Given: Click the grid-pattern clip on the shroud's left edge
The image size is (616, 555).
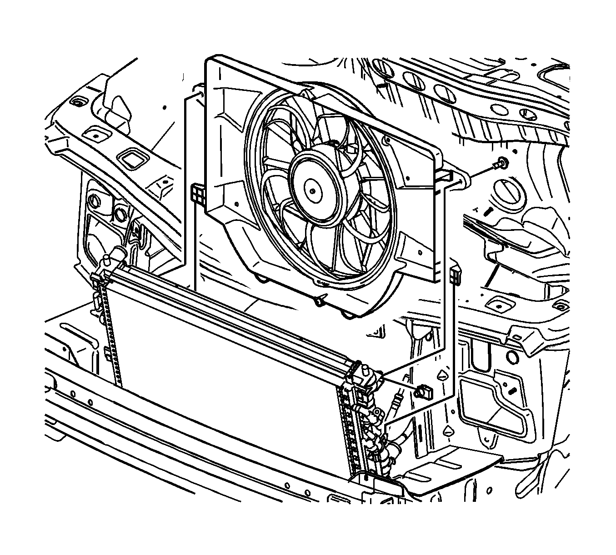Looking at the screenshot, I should click(x=197, y=194).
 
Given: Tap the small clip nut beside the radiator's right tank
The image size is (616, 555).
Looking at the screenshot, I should click(x=423, y=390).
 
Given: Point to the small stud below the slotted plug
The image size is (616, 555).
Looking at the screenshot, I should click(x=488, y=212).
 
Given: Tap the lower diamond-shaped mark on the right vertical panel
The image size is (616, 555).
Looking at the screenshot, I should click(x=448, y=430).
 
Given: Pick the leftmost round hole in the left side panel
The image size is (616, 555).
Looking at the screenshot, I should click(x=94, y=200).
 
